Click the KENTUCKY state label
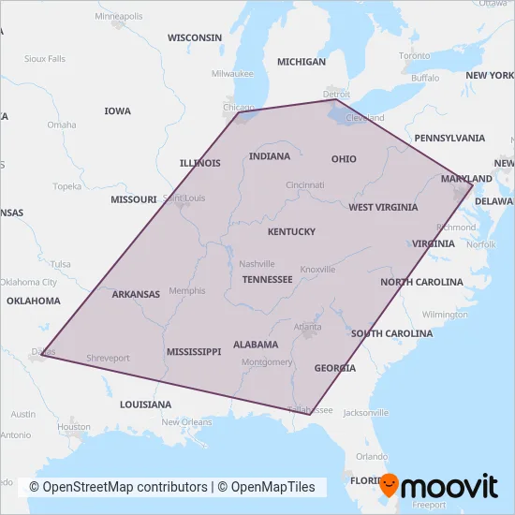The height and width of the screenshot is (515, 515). point(291,231)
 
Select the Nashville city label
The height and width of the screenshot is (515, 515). point(257,264)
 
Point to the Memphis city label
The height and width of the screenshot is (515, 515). point(187,290)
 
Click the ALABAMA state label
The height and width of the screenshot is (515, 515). point(256,345)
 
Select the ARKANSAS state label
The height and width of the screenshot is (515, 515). point(136,294)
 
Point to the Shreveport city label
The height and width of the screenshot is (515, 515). point(108,358)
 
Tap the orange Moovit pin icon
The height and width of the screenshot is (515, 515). point(388,486)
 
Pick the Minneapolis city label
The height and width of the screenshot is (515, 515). point(119,16)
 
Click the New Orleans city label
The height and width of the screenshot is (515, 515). point(186,422)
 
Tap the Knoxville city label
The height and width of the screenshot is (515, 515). point(317,270)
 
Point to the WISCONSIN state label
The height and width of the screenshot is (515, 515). point(195,37)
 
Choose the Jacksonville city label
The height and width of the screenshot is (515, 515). point(364,412)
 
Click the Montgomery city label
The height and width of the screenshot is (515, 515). point(267,362)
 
